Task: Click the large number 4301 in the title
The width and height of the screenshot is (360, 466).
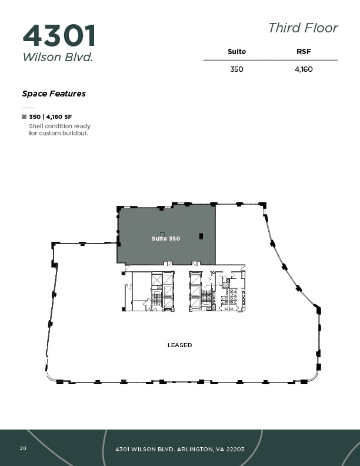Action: [x=59, y=36]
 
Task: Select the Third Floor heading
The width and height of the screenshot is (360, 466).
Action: [x=303, y=28]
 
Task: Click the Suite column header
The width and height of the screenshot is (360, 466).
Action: [x=236, y=52]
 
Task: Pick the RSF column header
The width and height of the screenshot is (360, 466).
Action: [x=304, y=52]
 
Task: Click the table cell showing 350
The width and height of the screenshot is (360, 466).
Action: [x=236, y=69]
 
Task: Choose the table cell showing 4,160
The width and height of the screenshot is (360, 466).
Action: [x=304, y=69]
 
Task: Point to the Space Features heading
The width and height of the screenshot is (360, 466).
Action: [x=54, y=94]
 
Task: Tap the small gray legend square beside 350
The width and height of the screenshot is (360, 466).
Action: [x=24, y=117]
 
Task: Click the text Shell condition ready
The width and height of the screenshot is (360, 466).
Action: [x=59, y=127]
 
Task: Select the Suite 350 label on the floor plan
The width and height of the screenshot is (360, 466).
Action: [x=165, y=238]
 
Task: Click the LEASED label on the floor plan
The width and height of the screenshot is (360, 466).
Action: [x=179, y=345]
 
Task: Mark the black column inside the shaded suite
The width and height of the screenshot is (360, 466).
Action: [x=201, y=237]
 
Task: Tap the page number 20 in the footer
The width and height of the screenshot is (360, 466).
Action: [x=23, y=448]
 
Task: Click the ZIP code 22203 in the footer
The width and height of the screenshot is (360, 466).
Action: [x=234, y=449]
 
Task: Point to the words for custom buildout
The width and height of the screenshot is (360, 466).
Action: [x=58, y=134]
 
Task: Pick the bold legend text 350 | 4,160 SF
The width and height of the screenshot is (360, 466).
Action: [x=50, y=117]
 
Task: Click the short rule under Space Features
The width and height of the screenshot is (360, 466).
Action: [x=28, y=108]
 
